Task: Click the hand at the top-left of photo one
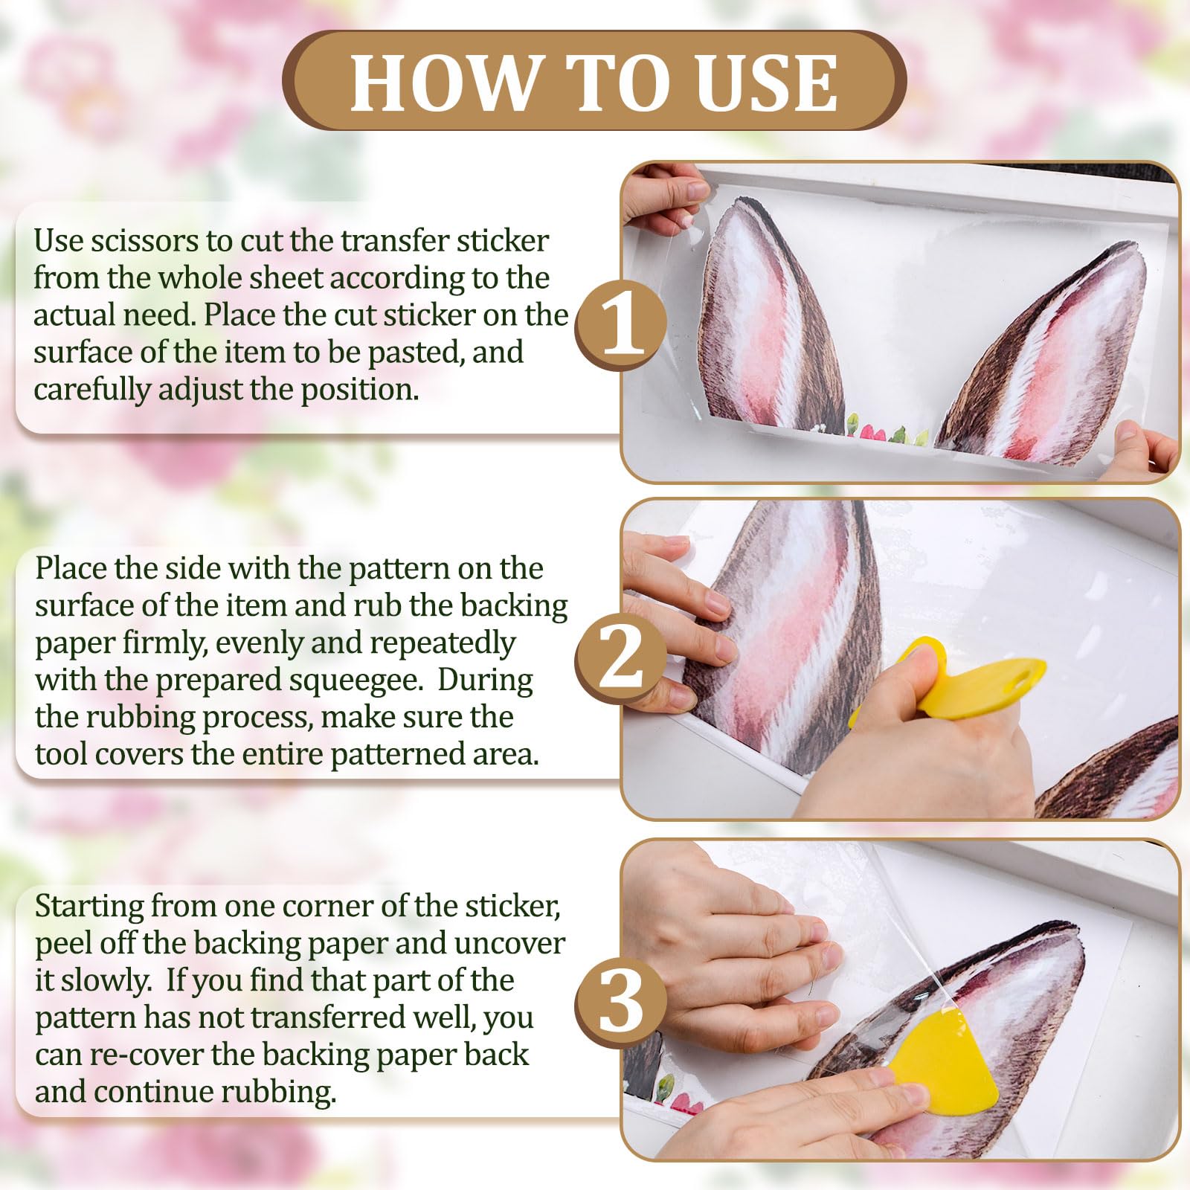tap(663, 195)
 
